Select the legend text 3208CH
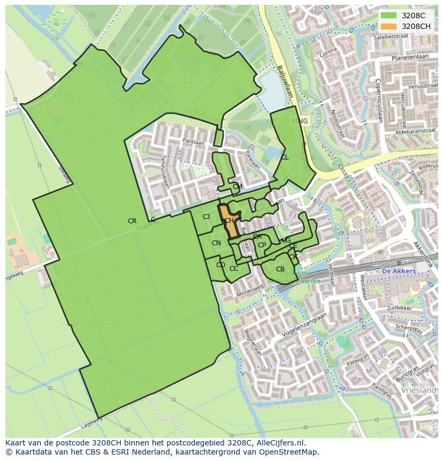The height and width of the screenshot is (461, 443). (416, 26)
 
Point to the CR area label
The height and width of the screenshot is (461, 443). (132, 221)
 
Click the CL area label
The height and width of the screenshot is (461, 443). (285, 157)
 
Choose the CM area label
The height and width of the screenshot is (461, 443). (238, 187)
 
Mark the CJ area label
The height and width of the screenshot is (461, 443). (206, 217)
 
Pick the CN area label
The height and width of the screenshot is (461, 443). (216, 243)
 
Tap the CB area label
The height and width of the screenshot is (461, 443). (280, 269)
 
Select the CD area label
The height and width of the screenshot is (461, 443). (220, 265)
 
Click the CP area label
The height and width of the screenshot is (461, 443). (262, 245)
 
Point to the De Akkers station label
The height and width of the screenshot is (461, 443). (399, 271)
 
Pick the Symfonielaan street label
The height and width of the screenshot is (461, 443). (165, 172)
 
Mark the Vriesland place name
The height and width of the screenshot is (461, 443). (421, 390)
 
